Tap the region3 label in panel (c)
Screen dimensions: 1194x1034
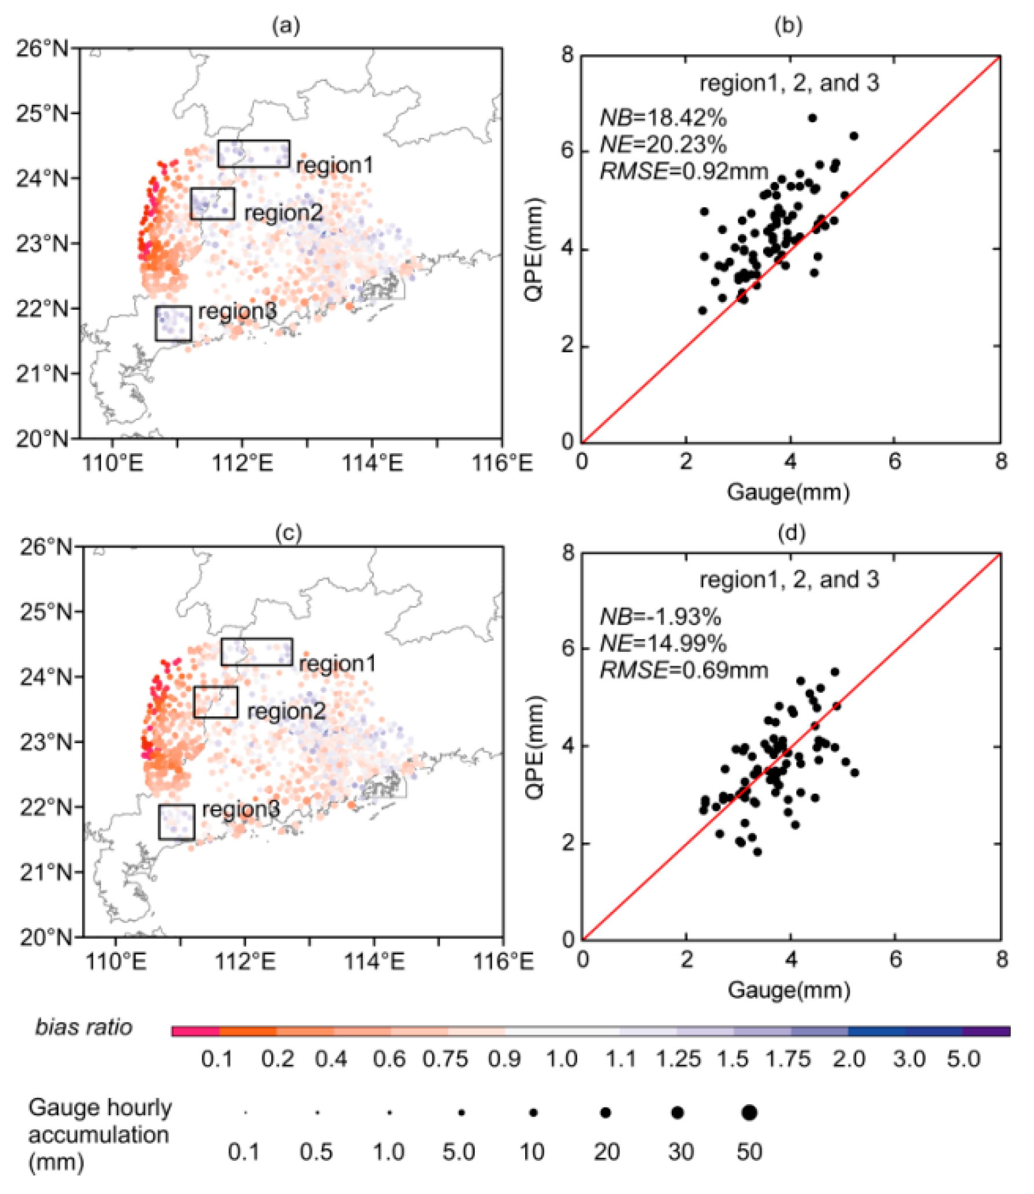click(241, 809)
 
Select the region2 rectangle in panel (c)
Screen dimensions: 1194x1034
click(215, 702)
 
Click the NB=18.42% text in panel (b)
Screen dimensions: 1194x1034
click(662, 118)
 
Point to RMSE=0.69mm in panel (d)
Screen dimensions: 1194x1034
click(683, 670)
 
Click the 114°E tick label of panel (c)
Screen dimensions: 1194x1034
click(374, 961)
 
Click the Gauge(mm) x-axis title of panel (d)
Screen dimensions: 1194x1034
click(789, 989)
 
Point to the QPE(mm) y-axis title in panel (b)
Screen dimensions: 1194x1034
click(534, 249)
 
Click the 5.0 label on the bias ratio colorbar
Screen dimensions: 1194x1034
click(963, 1060)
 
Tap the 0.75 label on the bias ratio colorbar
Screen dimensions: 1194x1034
click(445, 1060)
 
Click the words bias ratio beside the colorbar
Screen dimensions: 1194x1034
click(84, 1028)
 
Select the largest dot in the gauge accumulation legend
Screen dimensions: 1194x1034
click(749, 1112)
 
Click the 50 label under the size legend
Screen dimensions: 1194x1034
click(749, 1152)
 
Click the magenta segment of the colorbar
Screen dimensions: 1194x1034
click(195, 1031)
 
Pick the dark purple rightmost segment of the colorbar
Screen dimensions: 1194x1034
click(986, 1031)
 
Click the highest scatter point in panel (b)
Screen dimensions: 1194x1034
click(812, 118)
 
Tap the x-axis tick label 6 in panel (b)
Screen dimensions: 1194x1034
click(894, 462)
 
